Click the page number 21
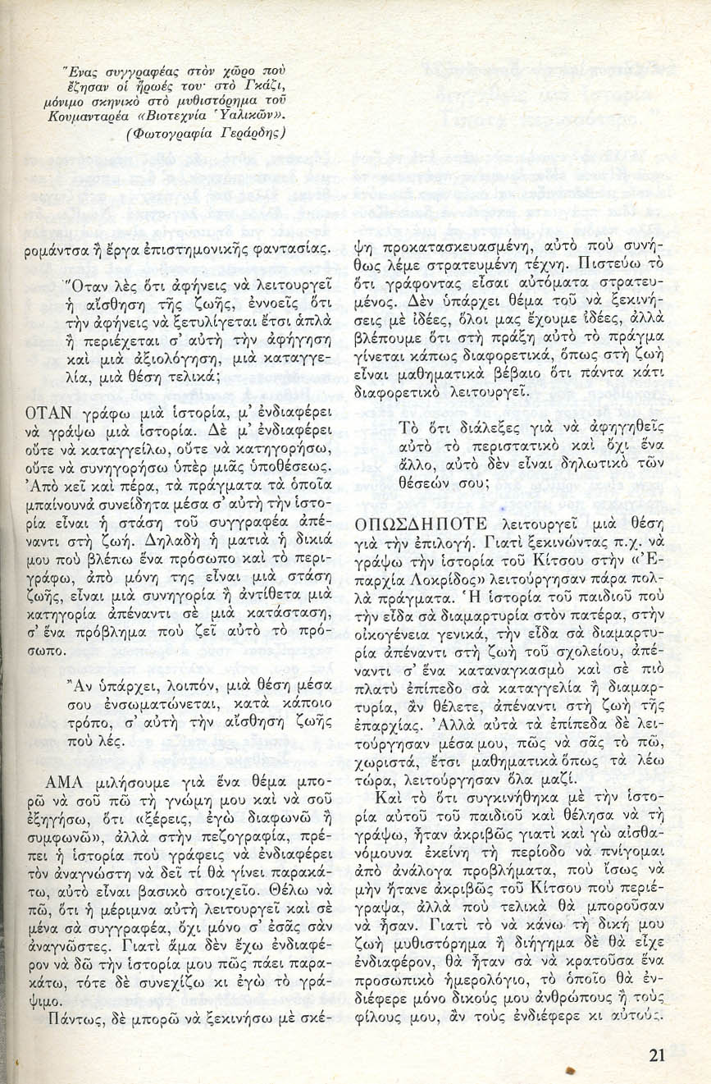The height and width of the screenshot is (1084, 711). (656, 1056)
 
